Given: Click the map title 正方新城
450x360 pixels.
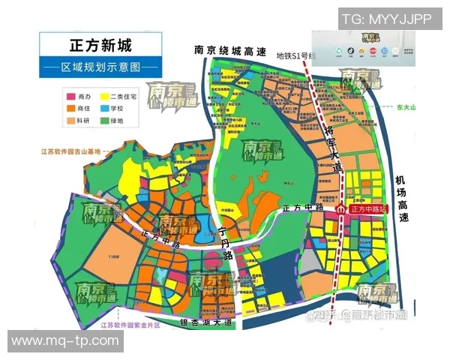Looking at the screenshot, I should (101, 43).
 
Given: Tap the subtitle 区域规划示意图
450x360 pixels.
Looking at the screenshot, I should (101, 66).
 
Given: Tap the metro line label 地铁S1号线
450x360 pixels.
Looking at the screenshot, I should (297, 55).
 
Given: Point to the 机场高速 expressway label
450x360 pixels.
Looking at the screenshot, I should (403, 197).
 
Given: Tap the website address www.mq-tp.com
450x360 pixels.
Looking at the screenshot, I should (65, 342).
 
